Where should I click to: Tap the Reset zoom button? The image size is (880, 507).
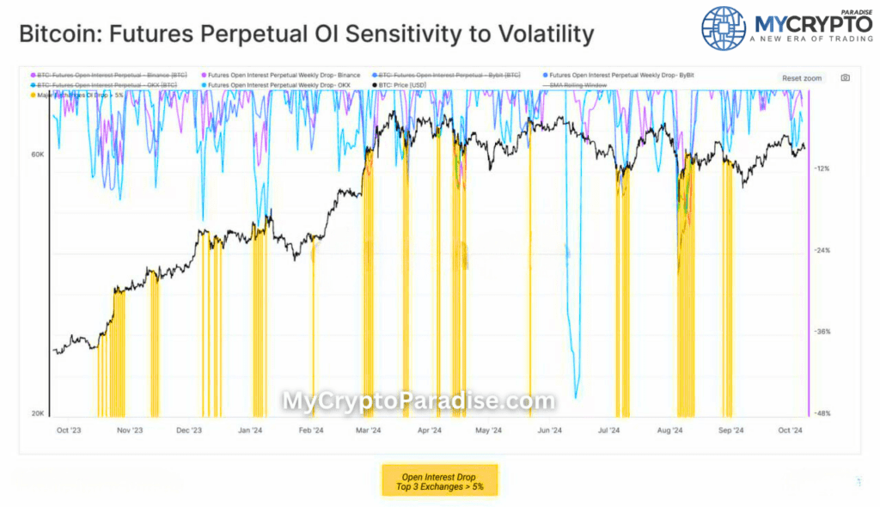pos(801,78)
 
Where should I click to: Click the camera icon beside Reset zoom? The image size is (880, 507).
pos(845,78)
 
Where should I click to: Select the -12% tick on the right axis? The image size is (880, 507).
pos(822,168)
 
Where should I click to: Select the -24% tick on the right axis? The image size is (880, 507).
pos(822,250)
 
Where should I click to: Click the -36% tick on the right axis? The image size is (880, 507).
pos(822,332)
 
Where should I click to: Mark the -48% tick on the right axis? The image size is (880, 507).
pos(822,413)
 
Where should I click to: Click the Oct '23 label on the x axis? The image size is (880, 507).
pos(68,431)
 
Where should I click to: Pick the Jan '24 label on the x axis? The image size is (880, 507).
pos(250,431)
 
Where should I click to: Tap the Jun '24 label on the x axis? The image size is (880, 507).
pos(549,431)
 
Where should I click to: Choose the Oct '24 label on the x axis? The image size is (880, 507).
pos(789,431)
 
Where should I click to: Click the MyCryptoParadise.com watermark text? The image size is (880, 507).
pos(419,401)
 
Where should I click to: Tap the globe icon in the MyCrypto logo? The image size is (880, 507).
pos(724,30)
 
